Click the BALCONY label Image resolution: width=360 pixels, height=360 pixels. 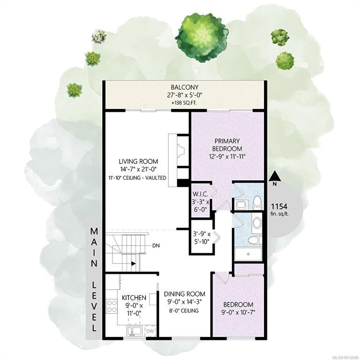(x=184, y=87)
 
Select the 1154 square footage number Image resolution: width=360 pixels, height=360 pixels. (x=279, y=206)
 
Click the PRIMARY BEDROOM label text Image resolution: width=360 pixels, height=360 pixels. (x=227, y=145)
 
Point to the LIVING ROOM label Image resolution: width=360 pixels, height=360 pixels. (x=138, y=161)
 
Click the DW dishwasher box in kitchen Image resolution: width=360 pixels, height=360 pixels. (x=150, y=331)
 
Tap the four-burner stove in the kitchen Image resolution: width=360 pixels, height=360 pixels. (x=112, y=306)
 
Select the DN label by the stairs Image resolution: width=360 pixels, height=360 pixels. (x=156, y=246)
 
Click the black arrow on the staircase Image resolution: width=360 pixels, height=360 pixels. (x=133, y=264)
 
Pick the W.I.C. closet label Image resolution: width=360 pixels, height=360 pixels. (x=201, y=194)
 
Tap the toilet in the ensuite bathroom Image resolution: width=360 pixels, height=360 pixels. (x=257, y=202)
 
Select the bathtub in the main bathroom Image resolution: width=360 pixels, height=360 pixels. (x=248, y=254)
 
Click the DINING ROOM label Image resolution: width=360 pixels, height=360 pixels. (x=184, y=294)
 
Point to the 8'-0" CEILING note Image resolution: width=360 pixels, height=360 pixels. (x=183, y=311)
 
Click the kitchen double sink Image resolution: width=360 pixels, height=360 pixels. (x=135, y=331)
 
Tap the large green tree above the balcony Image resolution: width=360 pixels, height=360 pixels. (x=202, y=37)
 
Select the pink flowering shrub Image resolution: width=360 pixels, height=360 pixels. (x=99, y=36)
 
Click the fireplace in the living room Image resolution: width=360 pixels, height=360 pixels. (x=179, y=160)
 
